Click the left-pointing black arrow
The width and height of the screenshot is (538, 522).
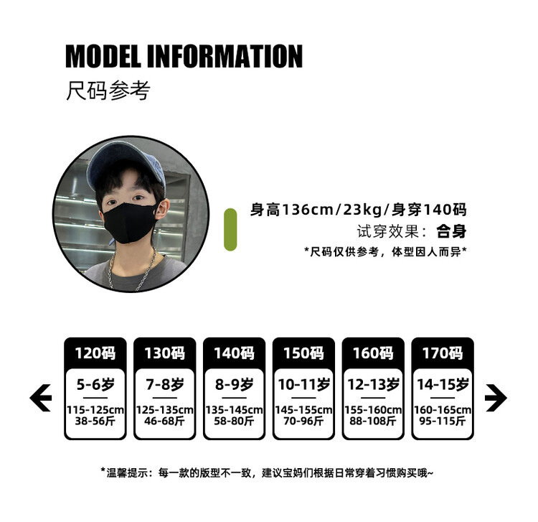pyautogui.click(x=41, y=398)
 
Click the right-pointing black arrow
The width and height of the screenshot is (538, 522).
pyautogui.click(x=496, y=398)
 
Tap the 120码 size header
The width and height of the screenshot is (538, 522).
pyautogui.click(x=95, y=353)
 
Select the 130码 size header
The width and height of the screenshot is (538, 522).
pyautogui.click(x=165, y=353)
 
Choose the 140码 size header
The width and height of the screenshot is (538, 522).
pyautogui.click(x=234, y=353)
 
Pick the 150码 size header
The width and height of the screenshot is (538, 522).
pyautogui.click(x=303, y=353)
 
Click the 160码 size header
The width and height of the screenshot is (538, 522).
pyautogui.click(x=373, y=353)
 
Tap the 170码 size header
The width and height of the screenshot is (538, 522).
pyautogui.click(x=443, y=353)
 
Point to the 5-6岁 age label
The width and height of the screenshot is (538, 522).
pyautogui.click(x=95, y=385)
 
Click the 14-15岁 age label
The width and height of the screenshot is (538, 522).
pyautogui.click(x=443, y=385)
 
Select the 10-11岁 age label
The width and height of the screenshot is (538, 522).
pyautogui.click(x=303, y=385)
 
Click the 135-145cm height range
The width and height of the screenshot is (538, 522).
pyautogui.click(x=234, y=410)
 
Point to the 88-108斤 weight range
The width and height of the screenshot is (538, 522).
pyautogui.click(x=373, y=421)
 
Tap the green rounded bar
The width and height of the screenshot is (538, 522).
pyautogui.click(x=230, y=230)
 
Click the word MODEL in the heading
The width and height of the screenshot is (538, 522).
pyautogui.click(x=106, y=56)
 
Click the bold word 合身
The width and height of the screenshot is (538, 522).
pyautogui.click(x=452, y=231)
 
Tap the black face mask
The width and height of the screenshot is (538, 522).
pyautogui.click(x=131, y=215)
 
